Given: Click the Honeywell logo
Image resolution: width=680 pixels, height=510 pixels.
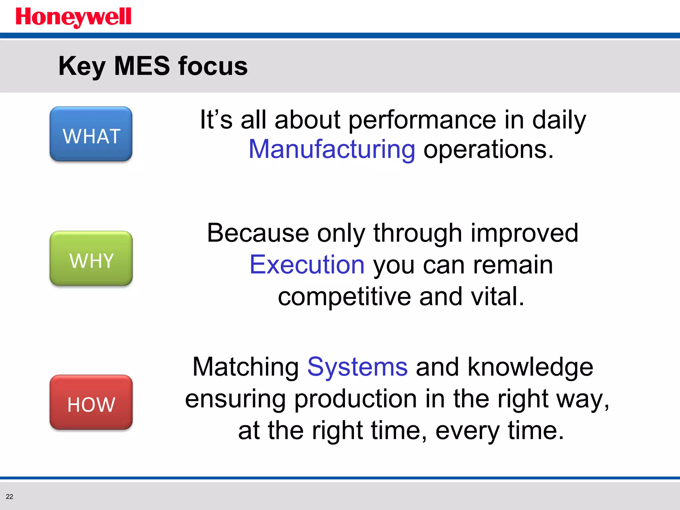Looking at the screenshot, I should pyautogui.click(x=73, y=17).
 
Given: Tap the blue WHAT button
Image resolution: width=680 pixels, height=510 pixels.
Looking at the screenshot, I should pyautogui.click(x=91, y=134).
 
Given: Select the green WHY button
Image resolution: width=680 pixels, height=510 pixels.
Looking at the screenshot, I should pyautogui.click(x=91, y=259).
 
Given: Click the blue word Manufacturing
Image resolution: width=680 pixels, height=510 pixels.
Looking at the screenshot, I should pyautogui.click(x=332, y=149).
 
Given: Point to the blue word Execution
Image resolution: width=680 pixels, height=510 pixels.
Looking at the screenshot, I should pyautogui.click(x=307, y=265).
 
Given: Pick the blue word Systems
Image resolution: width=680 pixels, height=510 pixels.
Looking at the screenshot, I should pyautogui.click(x=357, y=367).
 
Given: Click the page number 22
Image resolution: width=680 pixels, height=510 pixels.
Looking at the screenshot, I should pyautogui.click(x=10, y=496).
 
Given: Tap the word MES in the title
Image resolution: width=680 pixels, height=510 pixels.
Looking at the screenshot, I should pyautogui.click(x=142, y=66).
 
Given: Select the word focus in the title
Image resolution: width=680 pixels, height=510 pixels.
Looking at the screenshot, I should pyautogui.click(x=213, y=66).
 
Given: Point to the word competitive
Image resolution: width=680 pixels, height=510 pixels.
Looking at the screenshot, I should pyautogui.click(x=344, y=297).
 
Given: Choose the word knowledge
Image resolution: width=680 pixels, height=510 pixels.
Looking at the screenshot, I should pyautogui.click(x=530, y=367).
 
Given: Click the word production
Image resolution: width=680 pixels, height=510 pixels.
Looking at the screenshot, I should pyautogui.click(x=355, y=399).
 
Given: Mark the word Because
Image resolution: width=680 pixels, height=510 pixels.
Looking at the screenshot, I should pyautogui.click(x=258, y=233).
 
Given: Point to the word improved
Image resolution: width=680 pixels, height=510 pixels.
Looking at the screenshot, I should pyautogui.click(x=525, y=233).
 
